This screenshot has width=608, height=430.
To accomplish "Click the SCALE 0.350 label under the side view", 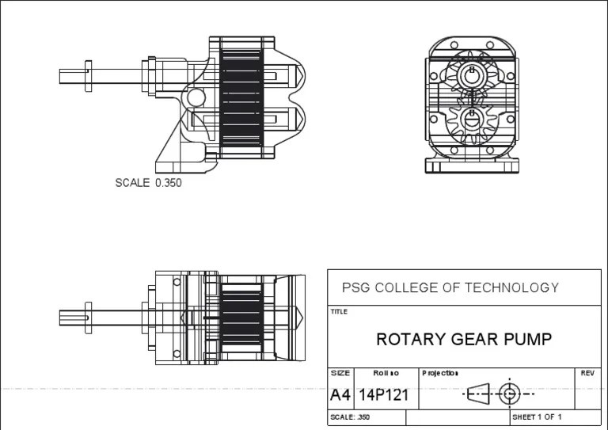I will [x=148, y=183].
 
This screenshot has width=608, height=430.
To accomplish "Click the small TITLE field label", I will [x=339, y=312].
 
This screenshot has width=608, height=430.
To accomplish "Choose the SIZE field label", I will [x=340, y=373].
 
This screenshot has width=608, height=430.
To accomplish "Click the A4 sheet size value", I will [x=340, y=394].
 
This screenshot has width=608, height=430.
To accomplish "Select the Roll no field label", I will [x=386, y=373].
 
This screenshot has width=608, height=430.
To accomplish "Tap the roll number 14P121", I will [x=384, y=394].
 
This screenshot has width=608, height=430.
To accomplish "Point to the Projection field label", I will [x=440, y=373].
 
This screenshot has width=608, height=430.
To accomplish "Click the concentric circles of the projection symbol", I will [x=509, y=393].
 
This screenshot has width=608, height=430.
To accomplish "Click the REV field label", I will [x=587, y=373].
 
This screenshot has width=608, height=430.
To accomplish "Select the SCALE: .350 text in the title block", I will [x=349, y=417].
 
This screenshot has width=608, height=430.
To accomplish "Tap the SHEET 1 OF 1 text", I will [x=537, y=417].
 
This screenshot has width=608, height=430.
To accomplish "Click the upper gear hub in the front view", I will [x=472, y=74].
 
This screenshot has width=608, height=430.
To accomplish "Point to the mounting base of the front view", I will [x=472, y=165].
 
